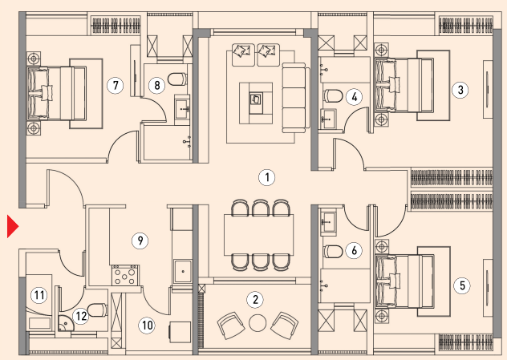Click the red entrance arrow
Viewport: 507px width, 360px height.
pyautogui.click(x=12, y=227)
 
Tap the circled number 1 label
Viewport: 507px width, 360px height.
pyautogui.click(x=267, y=177)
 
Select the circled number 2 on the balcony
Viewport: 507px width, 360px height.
pyautogui.click(x=255, y=300)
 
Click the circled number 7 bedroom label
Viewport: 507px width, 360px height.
pyautogui.click(x=116, y=85)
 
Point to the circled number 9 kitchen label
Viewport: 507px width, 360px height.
pyautogui.click(x=140, y=241)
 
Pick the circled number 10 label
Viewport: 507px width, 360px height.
pyautogui.click(x=147, y=325)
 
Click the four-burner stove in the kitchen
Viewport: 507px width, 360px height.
pyautogui.click(x=125, y=275)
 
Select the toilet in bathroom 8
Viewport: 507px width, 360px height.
pyautogui.click(x=177, y=79)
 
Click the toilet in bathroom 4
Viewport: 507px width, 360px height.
pyautogui.click(x=333, y=96)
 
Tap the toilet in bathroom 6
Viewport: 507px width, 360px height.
pyautogui.click(x=333, y=252)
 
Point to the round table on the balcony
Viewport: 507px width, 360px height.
pyautogui.click(x=258, y=323)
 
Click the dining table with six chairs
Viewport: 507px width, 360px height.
pyautogui.click(x=259, y=235)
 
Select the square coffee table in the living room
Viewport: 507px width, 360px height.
pyautogui.click(x=256, y=103)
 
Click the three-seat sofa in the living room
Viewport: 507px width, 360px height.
pyautogui.click(x=294, y=98)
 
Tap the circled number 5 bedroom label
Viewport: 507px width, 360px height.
pyautogui.click(x=462, y=285)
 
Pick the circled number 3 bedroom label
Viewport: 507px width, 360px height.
pyautogui.click(x=460, y=90)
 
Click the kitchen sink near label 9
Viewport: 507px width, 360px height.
pyautogui.click(x=183, y=272)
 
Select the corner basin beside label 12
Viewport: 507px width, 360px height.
pyautogui.click(x=66, y=323)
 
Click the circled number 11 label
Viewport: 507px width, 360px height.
pyautogui.click(x=39, y=295)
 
